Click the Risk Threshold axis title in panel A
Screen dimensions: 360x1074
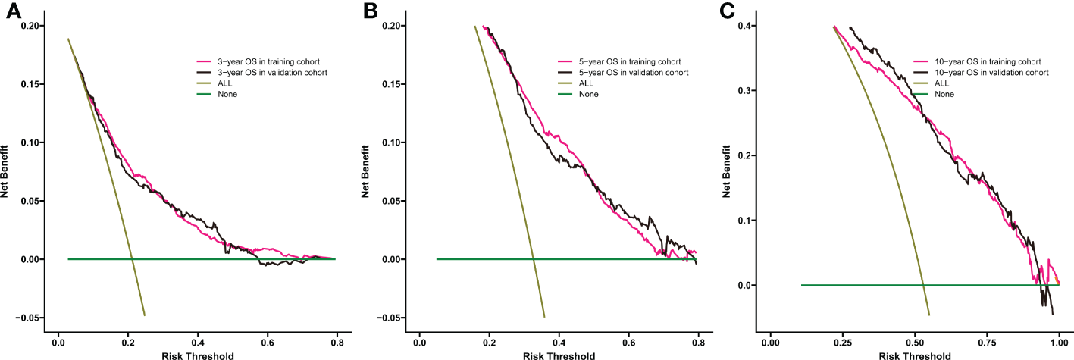196,354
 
